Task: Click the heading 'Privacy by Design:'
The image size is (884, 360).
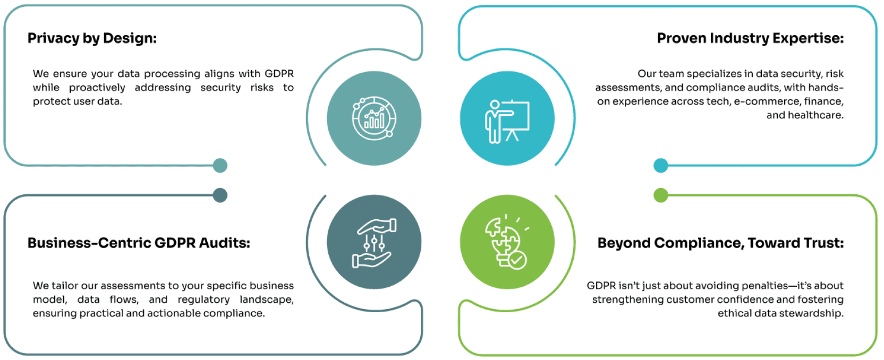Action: click(x=92, y=39)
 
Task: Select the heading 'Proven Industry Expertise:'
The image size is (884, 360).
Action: click(x=750, y=38)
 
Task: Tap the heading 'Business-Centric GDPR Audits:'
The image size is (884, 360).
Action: click(x=139, y=243)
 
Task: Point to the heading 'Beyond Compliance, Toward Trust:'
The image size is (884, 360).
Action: click(x=720, y=243)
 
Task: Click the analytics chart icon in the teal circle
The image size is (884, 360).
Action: click(x=373, y=118)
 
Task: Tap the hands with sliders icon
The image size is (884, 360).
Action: click(x=373, y=243)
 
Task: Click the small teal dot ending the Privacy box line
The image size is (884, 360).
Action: click(x=220, y=166)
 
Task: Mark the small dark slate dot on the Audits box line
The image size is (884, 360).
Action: click(x=220, y=195)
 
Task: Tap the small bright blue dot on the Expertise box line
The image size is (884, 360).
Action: click(x=661, y=166)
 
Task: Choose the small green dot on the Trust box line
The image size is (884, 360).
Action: click(x=661, y=195)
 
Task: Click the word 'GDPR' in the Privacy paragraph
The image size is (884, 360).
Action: click(x=279, y=74)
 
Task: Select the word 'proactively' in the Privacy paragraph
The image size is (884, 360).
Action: click(x=97, y=88)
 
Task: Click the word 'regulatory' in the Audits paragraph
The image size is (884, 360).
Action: click(x=203, y=300)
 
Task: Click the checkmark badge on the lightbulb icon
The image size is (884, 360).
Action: click(x=517, y=260)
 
